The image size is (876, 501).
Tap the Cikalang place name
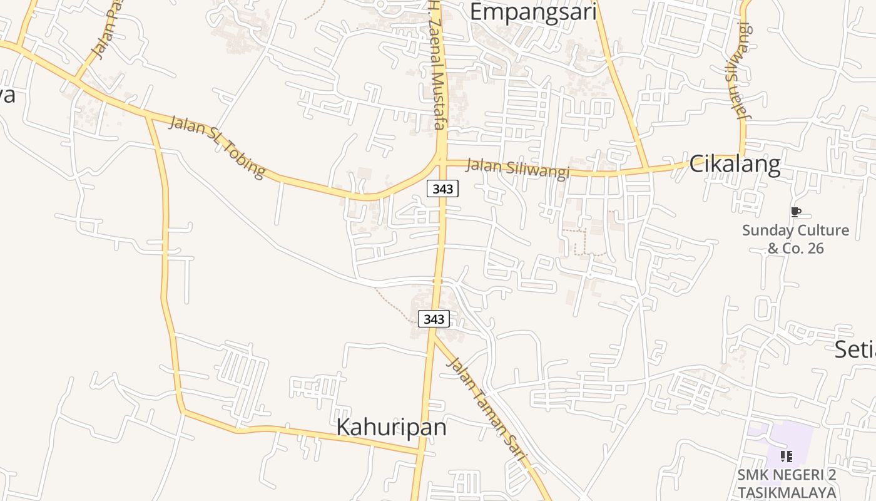735,164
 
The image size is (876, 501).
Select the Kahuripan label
392,427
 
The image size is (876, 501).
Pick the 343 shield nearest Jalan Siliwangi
442,188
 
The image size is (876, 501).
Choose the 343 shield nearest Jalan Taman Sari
434,319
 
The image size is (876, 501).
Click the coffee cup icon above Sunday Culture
795,212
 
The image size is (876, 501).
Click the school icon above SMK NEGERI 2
787,457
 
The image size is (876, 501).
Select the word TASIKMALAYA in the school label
787,492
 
